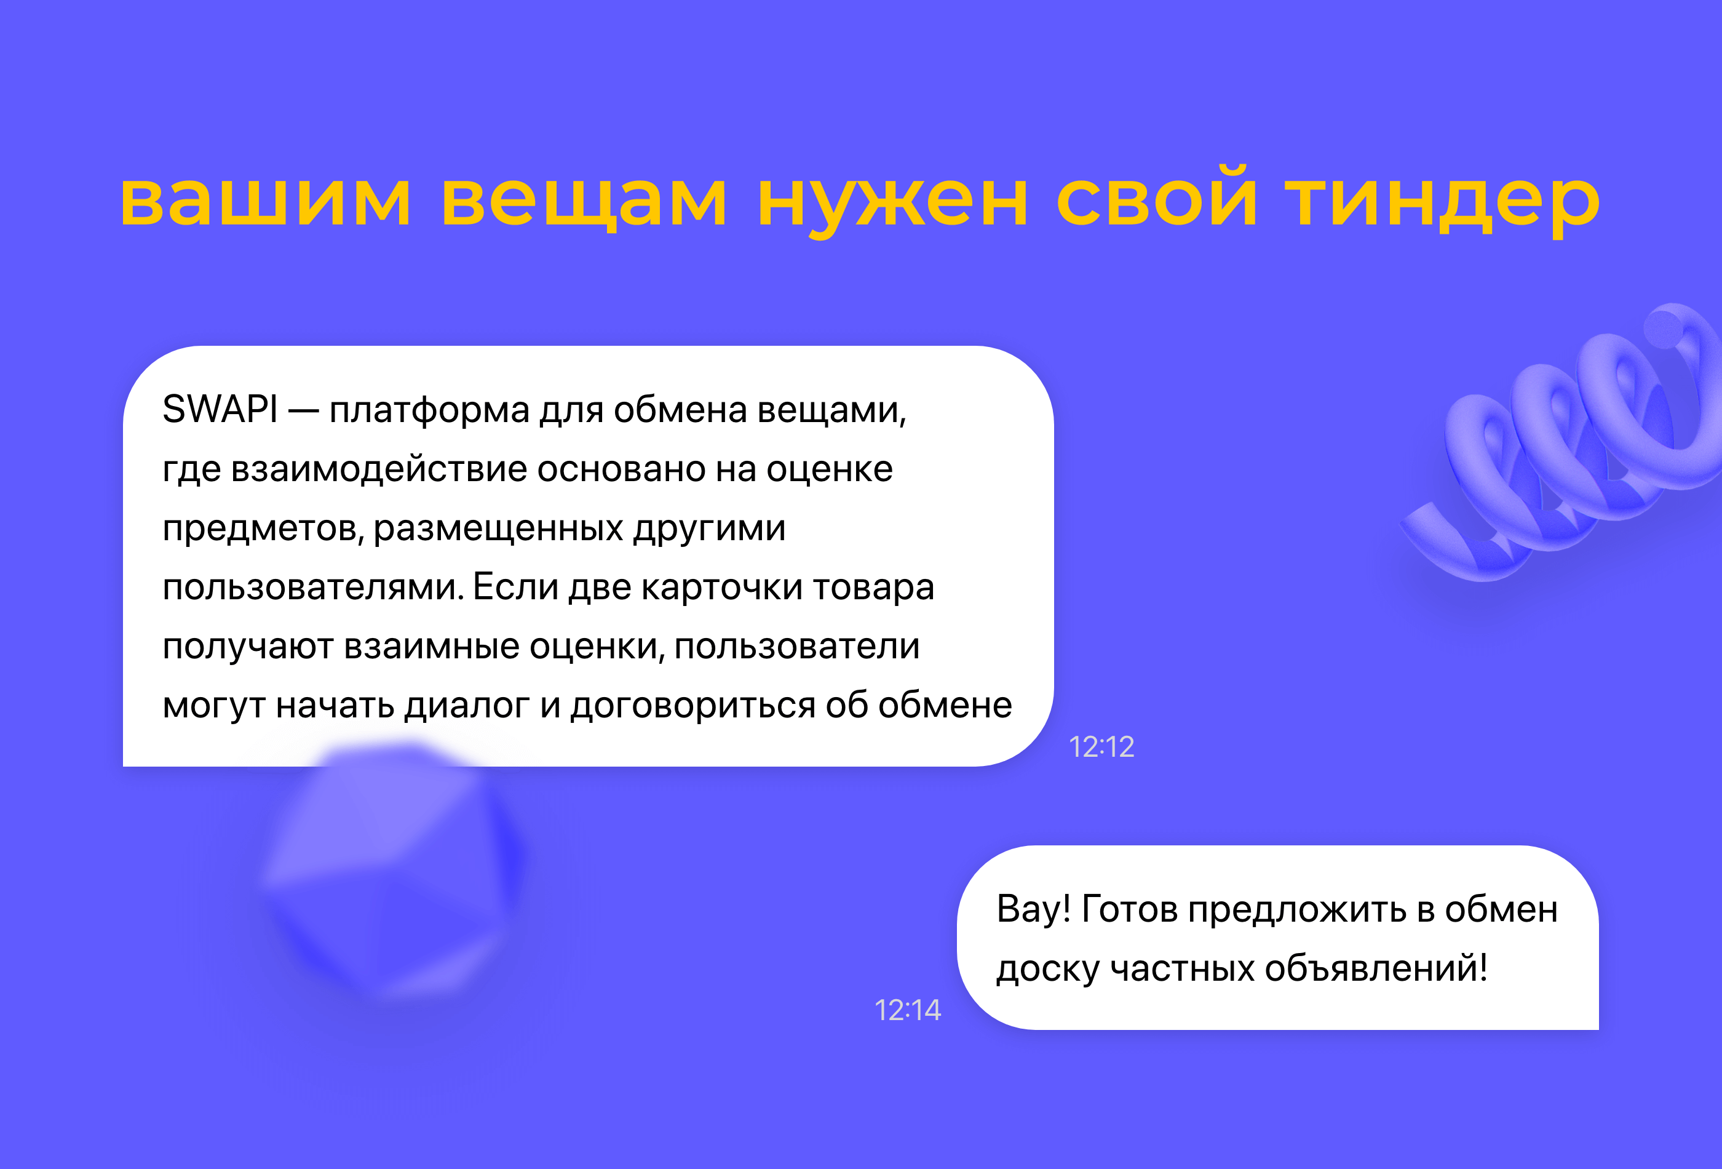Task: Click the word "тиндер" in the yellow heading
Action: pyautogui.click(x=1442, y=199)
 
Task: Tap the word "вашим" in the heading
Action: pyautogui.click(x=265, y=199)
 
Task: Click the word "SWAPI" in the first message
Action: pyautogui.click(x=220, y=409)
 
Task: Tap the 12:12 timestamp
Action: pyautogui.click(x=1101, y=747)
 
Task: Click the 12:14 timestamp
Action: pyautogui.click(x=908, y=1010)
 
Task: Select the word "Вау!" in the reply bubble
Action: pyautogui.click(x=1034, y=909)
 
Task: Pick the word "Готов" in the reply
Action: pyautogui.click(x=1129, y=909)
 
